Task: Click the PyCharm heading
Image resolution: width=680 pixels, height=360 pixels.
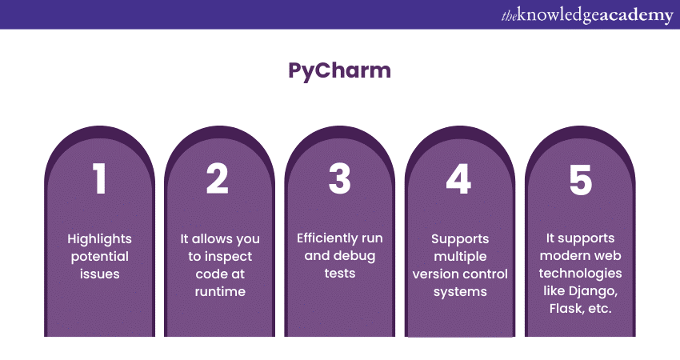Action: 339,70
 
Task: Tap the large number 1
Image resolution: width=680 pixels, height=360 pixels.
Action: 99,179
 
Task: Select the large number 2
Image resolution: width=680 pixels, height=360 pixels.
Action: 218,179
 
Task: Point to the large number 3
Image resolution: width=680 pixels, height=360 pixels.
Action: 340,179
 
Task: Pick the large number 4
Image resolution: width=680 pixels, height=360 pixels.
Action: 458,179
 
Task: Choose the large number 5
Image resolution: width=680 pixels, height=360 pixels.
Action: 580,179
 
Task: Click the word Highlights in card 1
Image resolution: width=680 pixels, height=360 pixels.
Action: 99,238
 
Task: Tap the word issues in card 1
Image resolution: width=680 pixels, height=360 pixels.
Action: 99,274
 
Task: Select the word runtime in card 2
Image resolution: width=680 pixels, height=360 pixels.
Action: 219,291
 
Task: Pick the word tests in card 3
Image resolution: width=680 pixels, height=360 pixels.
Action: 339,274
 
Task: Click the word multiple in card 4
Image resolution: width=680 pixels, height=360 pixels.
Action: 459,256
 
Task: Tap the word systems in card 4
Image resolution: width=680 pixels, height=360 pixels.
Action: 459,291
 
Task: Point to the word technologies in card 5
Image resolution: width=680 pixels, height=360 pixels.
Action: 581,274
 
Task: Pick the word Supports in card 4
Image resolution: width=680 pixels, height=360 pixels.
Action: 459,238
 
